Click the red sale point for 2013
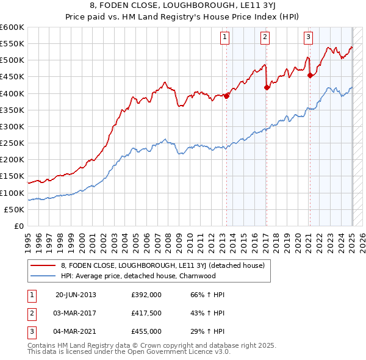pos(226,95)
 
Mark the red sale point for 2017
pos(267,87)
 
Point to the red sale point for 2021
pos(310,75)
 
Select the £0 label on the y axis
pos(18,226)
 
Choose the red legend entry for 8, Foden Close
pos(162,265)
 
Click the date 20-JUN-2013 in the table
pos(76,294)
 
